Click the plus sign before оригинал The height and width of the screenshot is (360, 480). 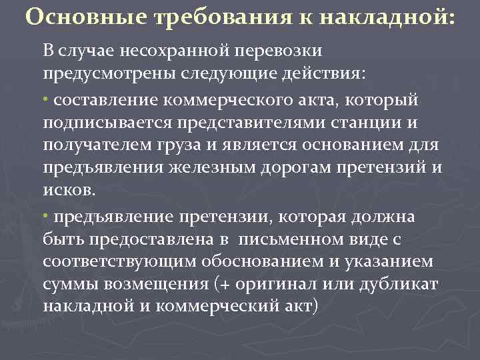(x=225, y=284)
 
